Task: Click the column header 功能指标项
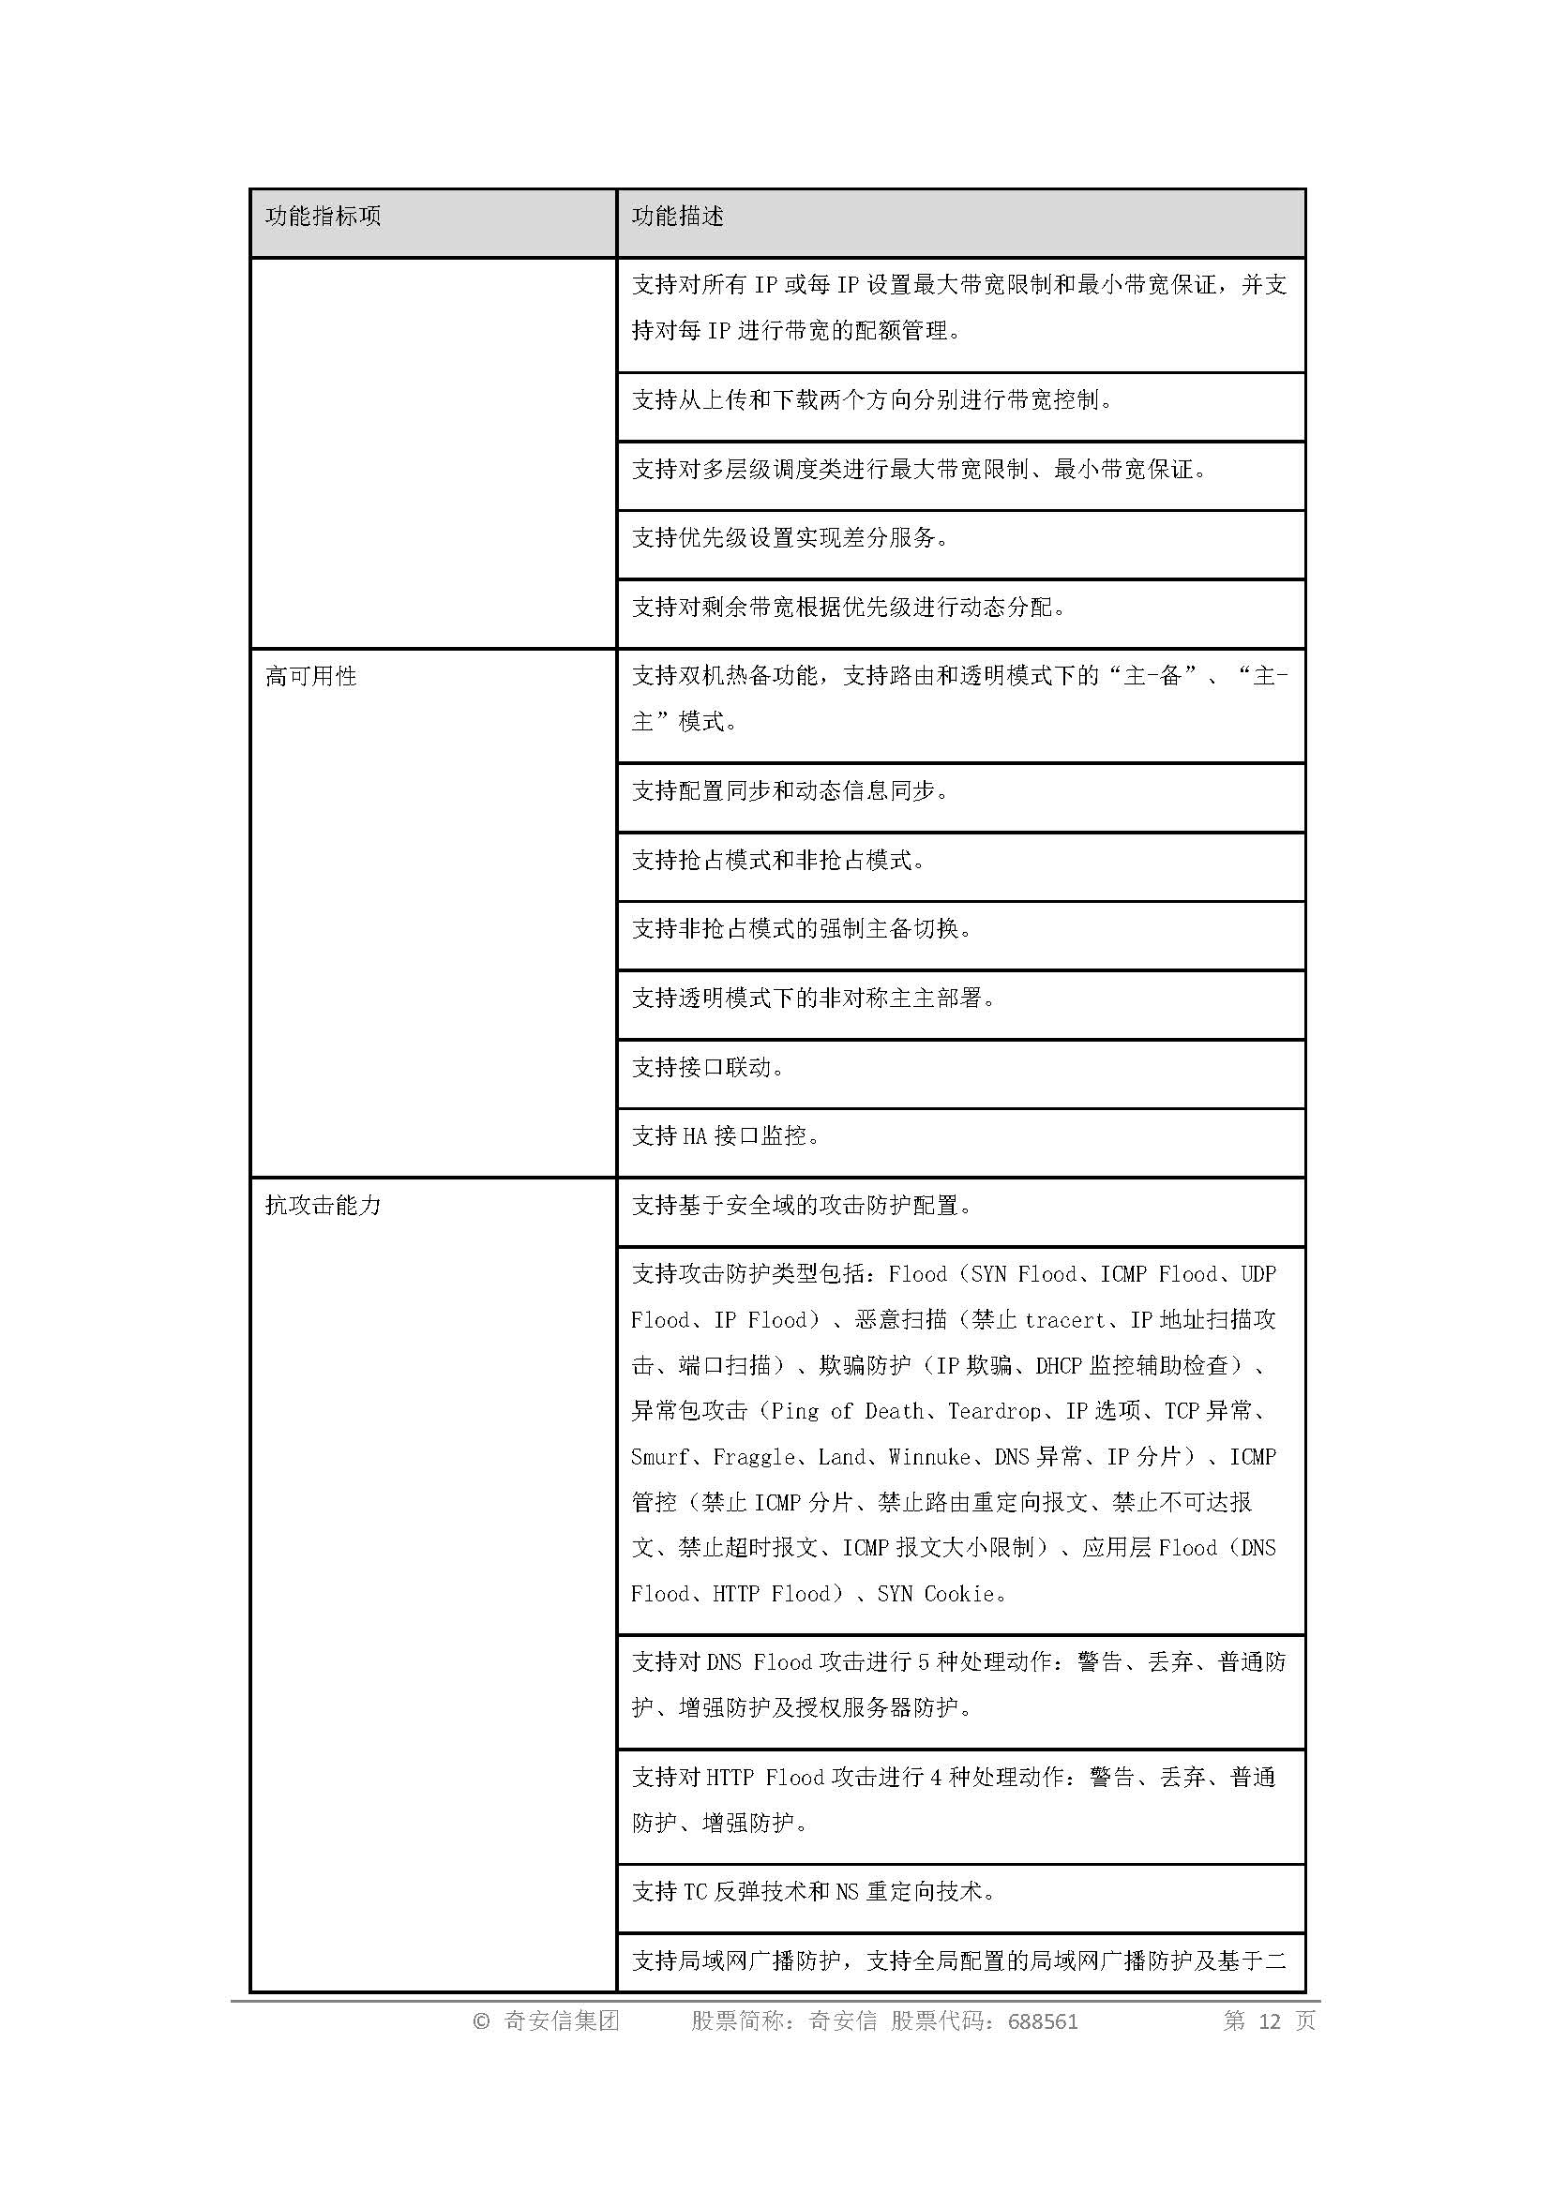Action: [x=323, y=217]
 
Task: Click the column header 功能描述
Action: [x=677, y=217]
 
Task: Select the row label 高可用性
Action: [x=311, y=676]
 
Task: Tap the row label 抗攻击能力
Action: [x=323, y=1206]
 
